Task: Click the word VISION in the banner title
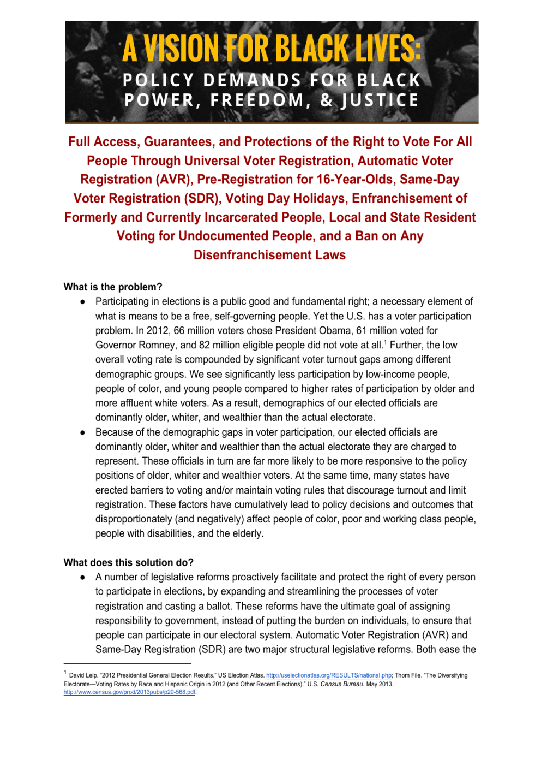point(179,49)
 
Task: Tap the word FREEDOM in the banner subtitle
point(257,100)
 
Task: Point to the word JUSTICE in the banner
point(380,100)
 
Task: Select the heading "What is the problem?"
point(113,287)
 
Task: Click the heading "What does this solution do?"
point(129,563)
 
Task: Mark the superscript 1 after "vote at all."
point(386,342)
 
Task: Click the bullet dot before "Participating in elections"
point(83,302)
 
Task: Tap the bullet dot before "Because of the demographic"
point(83,432)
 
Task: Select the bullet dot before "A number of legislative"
point(83,577)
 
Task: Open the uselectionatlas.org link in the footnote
point(329,675)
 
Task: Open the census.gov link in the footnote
point(130,692)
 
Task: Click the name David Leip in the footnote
point(83,675)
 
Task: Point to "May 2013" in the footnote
point(380,684)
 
